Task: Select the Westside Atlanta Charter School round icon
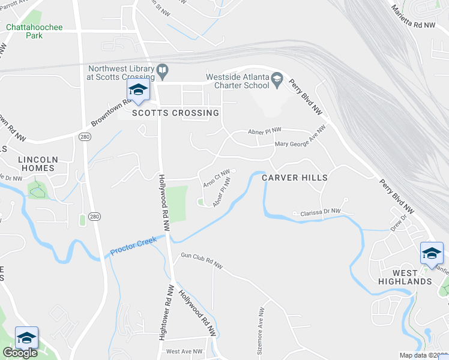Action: (277, 80)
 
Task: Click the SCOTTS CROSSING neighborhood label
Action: (175, 113)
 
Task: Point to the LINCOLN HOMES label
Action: (37, 164)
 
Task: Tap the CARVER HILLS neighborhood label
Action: (295, 178)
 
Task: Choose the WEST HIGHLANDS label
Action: (405, 277)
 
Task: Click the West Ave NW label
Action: (184, 352)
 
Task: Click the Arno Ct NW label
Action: (217, 178)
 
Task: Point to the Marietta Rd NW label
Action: (412, 16)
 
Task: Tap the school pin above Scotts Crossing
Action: (138, 91)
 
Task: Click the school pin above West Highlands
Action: (431, 253)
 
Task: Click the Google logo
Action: (20, 353)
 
